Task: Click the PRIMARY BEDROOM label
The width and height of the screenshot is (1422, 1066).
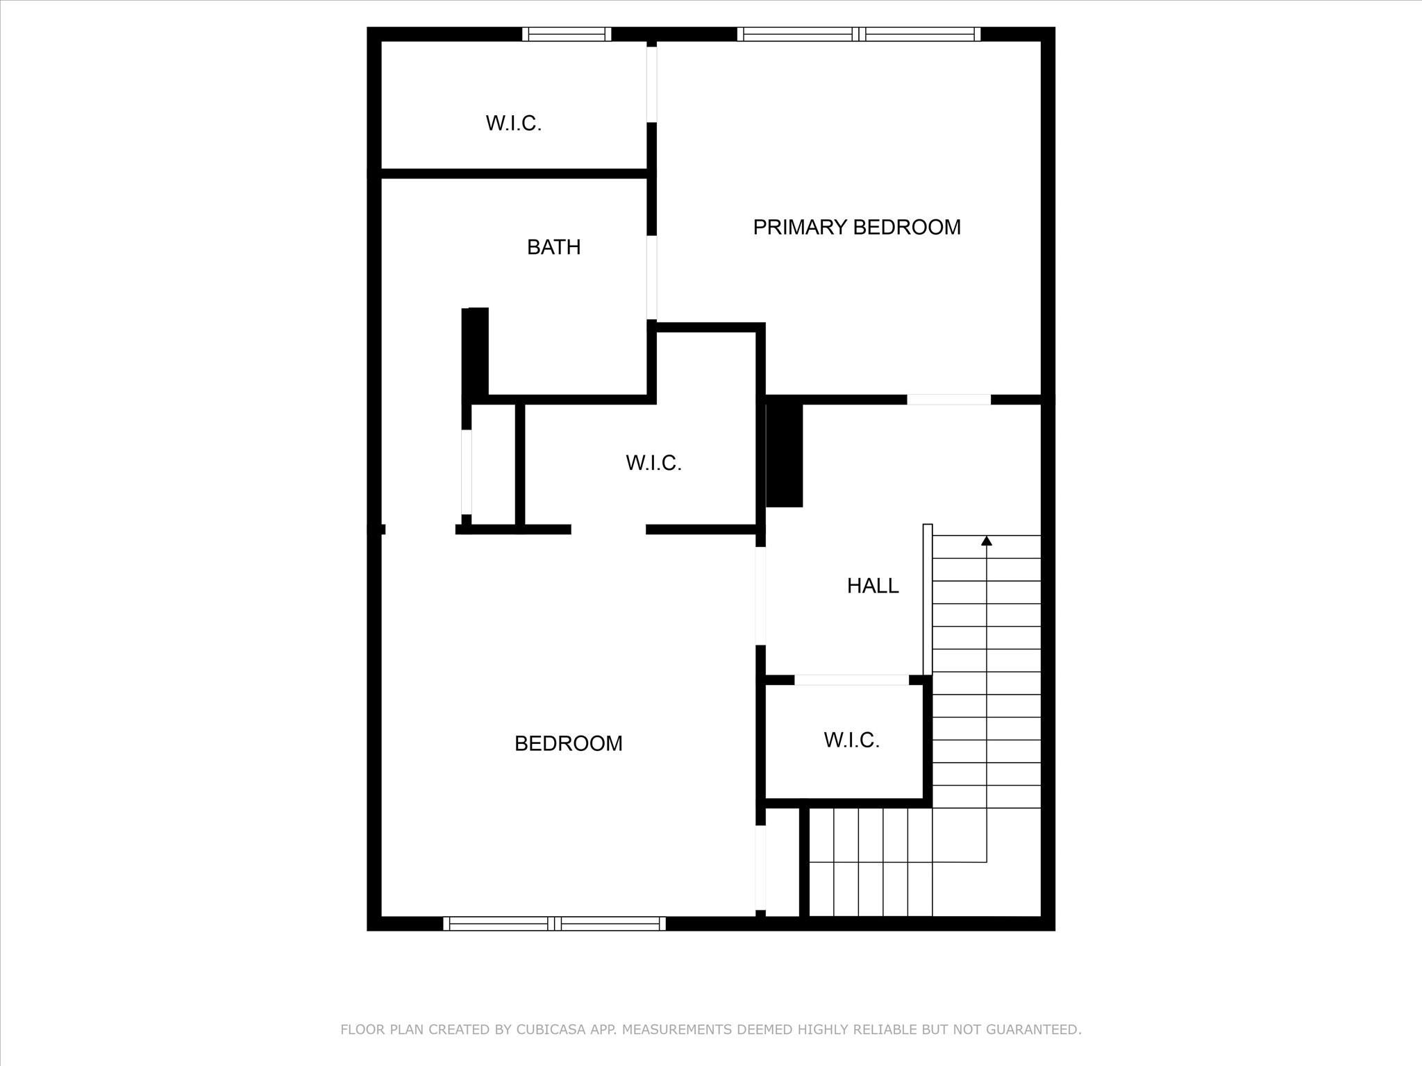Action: [856, 227]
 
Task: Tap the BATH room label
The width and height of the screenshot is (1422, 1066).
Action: [553, 247]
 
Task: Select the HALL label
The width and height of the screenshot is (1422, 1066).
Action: [872, 586]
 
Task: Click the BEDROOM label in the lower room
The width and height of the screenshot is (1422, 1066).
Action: [568, 743]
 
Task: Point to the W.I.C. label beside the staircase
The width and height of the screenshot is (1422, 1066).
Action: [851, 740]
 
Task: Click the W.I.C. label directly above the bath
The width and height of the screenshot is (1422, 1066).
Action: [513, 124]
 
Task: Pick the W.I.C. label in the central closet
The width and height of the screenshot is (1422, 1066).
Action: [653, 463]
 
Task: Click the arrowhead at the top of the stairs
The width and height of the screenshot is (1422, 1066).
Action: [986, 541]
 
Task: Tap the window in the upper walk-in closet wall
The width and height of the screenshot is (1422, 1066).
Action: [567, 34]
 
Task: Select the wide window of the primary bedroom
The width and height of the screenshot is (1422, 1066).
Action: [859, 34]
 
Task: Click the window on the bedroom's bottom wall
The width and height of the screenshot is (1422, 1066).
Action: [554, 923]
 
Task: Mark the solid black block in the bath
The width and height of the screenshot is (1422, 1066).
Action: [476, 353]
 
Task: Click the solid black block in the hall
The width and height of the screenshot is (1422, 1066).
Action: [785, 455]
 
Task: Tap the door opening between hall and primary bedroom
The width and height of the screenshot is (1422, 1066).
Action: [948, 400]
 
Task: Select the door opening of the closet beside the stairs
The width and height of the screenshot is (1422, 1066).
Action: [851, 680]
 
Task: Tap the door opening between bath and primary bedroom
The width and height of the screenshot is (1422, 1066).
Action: [652, 278]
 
